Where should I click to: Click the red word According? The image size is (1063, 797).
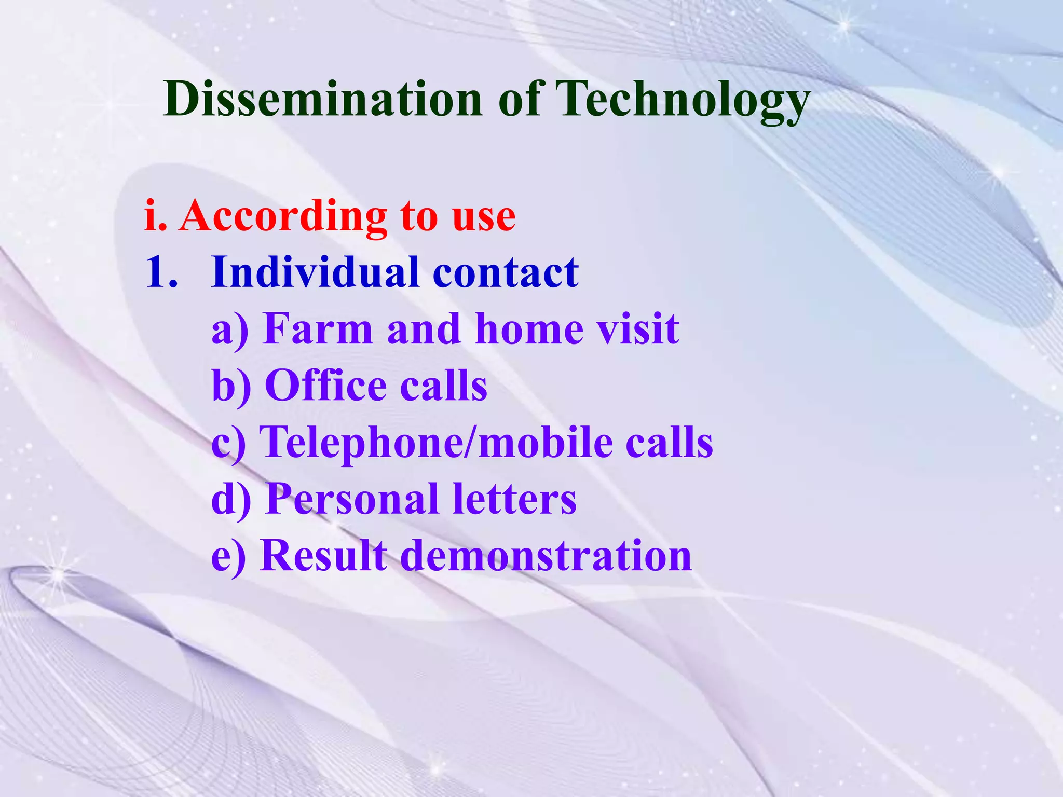coord(283,216)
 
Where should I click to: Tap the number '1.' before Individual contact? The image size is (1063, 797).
coord(161,272)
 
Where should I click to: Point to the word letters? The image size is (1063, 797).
coord(514,499)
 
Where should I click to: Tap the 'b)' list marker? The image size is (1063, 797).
coord(231,386)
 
